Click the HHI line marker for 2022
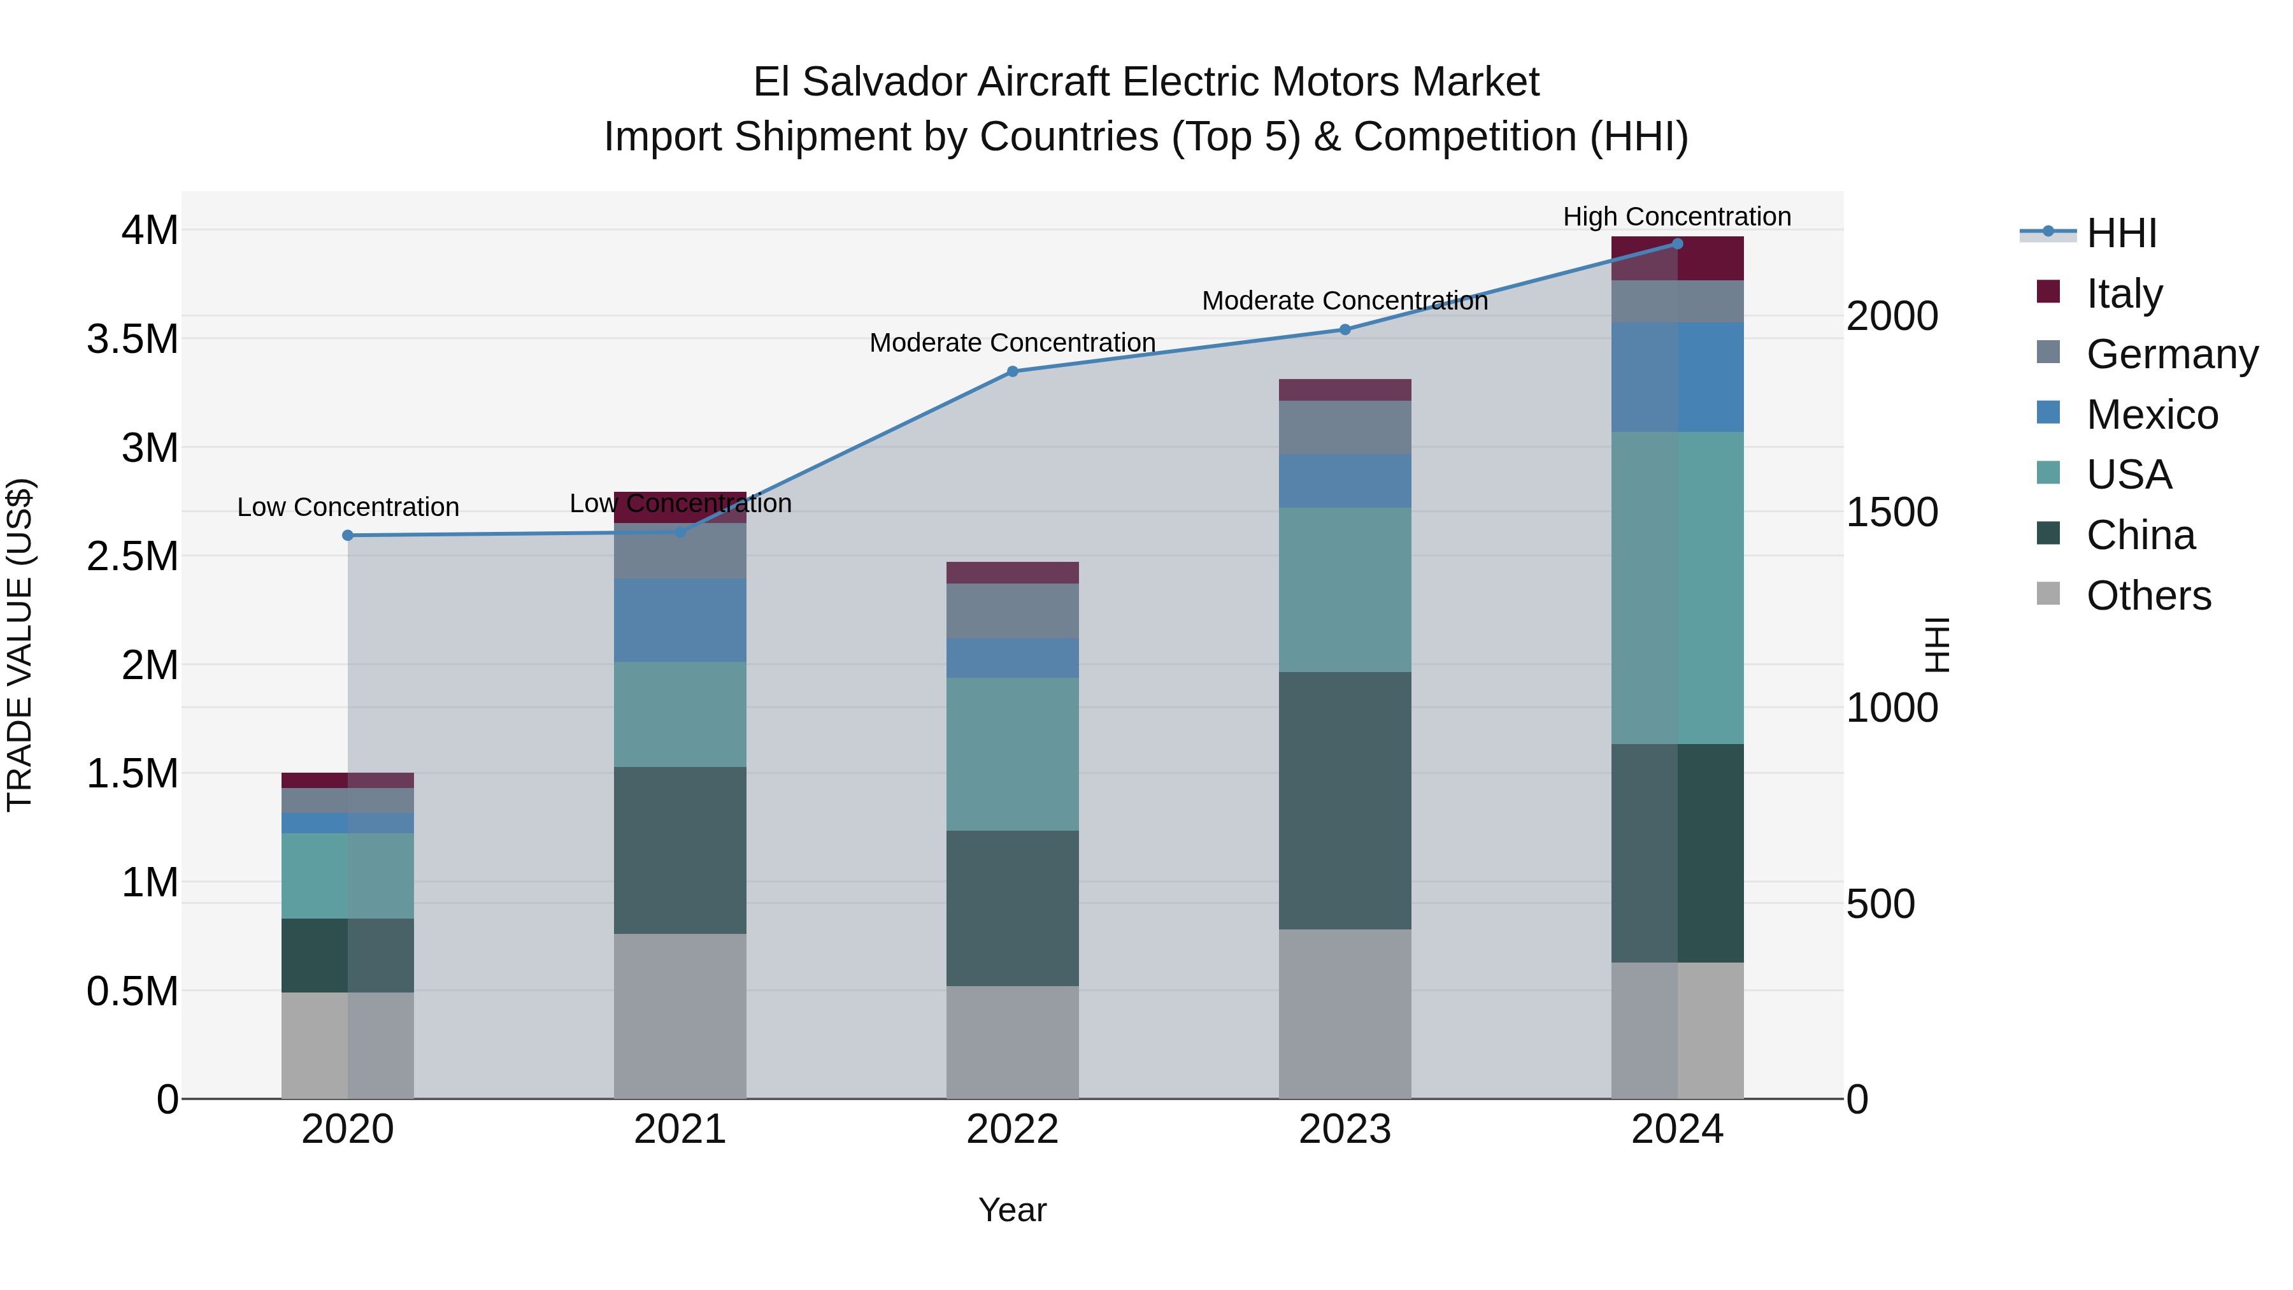[x=1012, y=371]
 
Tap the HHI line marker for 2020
[x=348, y=535]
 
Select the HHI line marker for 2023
[x=1345, y=329]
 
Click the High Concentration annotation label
[x=1676, y=217]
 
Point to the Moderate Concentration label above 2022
[x=1012, y=343]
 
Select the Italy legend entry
[x=2123, y=293]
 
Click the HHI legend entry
[x=2120, y=233]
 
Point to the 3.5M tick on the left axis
[x=132, y=339]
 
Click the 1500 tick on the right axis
[x=1892, y=512]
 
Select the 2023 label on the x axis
[x=1345, y=1129]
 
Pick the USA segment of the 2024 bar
[x=1677, y=587]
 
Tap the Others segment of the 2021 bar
[x=680, y=1015]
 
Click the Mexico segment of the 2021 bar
[x=680, y=620]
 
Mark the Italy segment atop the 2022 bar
[x=1012, y=573]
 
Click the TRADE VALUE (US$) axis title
[x=20, y=645]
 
